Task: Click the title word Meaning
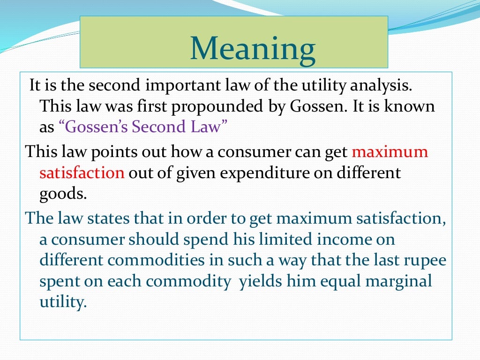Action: [253, 50]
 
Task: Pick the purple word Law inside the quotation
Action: [203, 127]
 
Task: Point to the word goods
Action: [63, 193]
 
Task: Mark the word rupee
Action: [423, 260]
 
